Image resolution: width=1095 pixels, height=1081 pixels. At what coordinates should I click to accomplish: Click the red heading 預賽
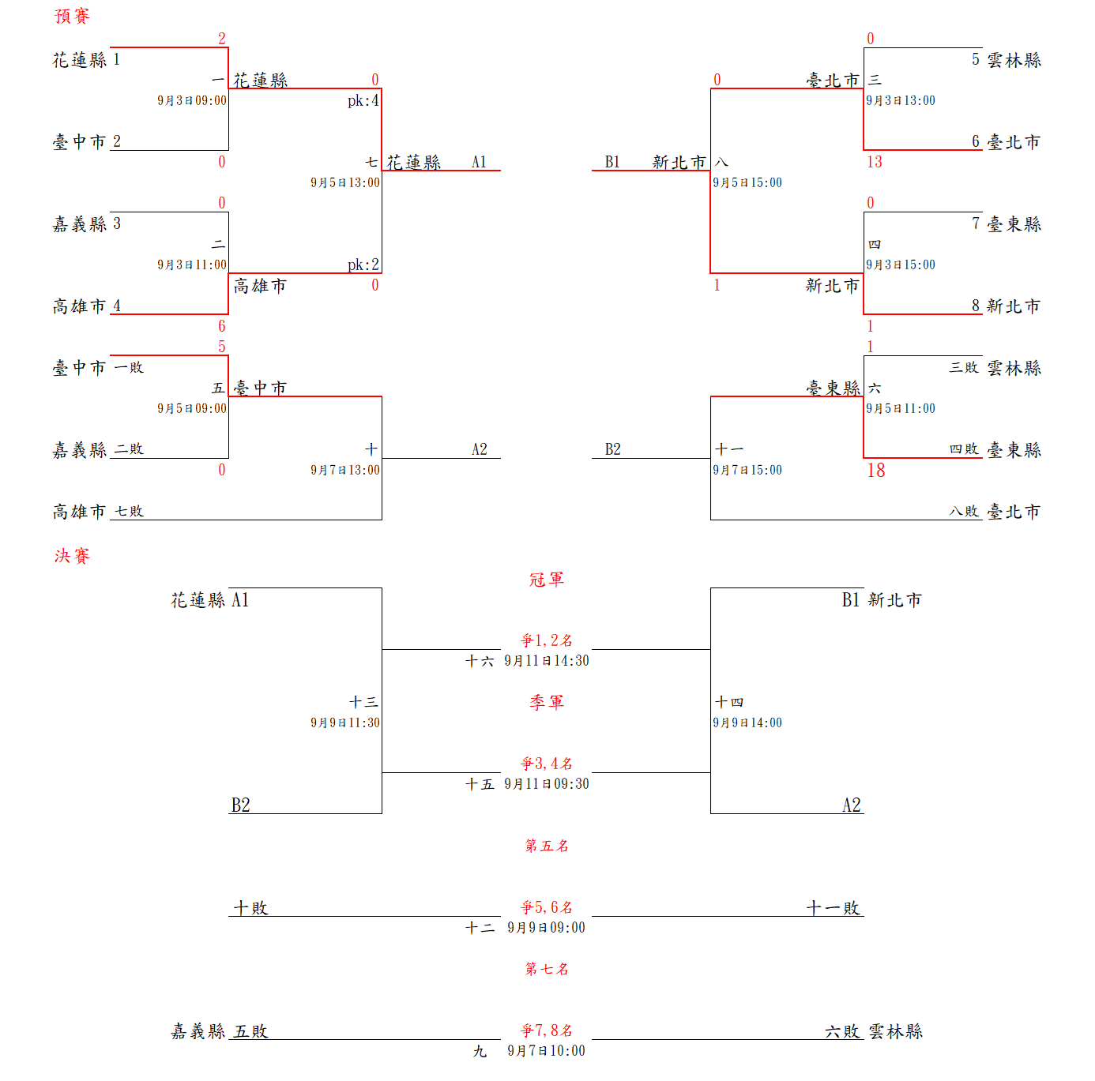72,17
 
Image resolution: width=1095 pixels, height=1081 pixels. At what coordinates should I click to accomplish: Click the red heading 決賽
72,556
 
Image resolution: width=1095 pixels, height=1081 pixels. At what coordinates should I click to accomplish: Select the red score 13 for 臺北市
874,162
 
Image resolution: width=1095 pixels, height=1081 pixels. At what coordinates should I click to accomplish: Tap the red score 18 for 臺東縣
875,471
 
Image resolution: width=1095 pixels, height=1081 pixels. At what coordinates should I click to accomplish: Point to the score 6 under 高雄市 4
221,326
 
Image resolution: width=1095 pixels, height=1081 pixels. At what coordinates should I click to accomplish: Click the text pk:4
363,101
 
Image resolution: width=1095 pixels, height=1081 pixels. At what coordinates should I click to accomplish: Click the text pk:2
363,265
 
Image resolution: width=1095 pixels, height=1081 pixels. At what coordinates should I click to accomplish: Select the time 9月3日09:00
192,101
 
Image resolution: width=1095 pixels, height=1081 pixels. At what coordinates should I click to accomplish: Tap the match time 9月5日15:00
747,183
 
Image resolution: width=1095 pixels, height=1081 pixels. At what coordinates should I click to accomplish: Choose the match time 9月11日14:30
547,661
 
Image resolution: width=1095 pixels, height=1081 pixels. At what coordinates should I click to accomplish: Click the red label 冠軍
547,580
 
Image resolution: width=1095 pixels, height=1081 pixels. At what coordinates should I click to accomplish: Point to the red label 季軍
547,702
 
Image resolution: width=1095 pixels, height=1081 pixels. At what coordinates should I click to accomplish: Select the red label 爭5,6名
547,907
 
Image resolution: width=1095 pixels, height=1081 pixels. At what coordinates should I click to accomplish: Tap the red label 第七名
547,969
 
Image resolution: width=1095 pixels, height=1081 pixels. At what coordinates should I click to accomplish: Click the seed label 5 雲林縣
1006,60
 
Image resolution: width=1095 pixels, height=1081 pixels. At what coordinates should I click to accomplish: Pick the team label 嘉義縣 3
87,224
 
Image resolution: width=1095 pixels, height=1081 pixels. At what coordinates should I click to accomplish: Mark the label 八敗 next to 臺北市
964,512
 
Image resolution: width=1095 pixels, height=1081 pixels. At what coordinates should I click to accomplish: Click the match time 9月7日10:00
547,1051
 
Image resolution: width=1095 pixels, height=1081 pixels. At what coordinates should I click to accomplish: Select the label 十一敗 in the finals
833,908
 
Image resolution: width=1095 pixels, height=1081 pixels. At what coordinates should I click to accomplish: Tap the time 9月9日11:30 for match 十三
345,723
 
